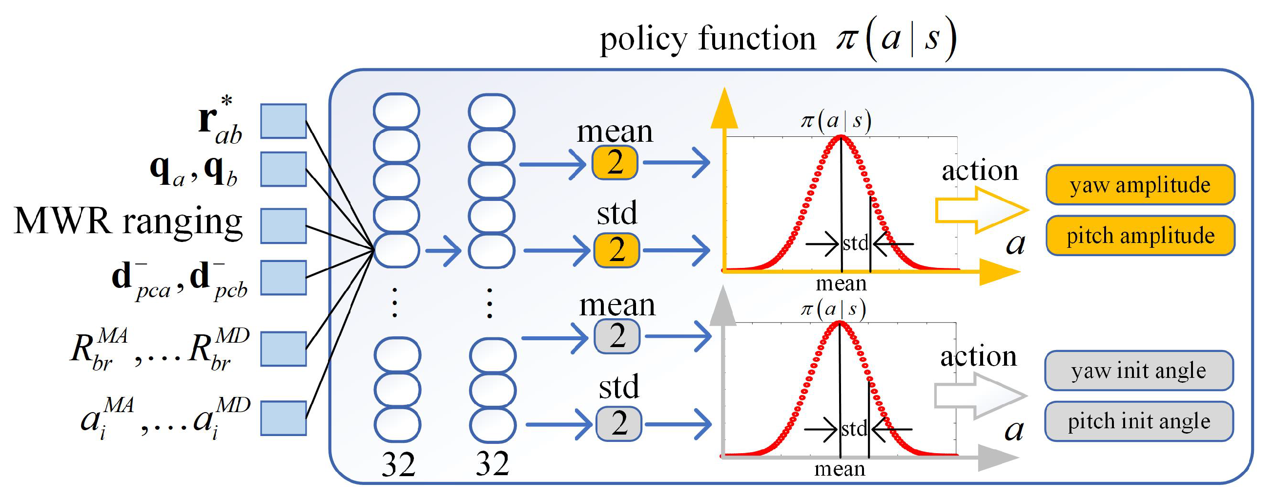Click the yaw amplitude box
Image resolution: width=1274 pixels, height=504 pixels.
[x=1139, y=185]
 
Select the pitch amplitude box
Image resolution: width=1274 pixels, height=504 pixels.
[x=1139, y=236]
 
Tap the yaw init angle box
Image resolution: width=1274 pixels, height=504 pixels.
[x=1138, y=371]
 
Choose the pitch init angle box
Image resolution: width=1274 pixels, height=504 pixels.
[x=1138, y=421]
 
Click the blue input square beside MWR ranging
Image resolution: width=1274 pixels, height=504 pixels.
[x=284, y=226]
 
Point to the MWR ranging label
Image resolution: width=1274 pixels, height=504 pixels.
[x=128, y=221]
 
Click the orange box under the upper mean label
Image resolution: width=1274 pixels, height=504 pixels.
[x=615, y=162]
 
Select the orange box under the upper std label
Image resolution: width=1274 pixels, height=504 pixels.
[x=616, y=249]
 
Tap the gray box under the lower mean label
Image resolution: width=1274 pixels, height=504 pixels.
[x=616, y=336]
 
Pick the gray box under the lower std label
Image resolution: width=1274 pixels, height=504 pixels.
[x=619, y=423]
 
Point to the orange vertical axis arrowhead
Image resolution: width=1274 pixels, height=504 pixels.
[x=724, y=109]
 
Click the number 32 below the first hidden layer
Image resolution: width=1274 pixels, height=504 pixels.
[x=398, y=465]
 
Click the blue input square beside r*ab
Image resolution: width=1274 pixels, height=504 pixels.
[x=284, y=121]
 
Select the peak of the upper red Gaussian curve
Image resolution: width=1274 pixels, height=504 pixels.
[x=841, y=137]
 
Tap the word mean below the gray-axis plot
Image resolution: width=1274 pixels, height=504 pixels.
[x=840, y=469]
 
